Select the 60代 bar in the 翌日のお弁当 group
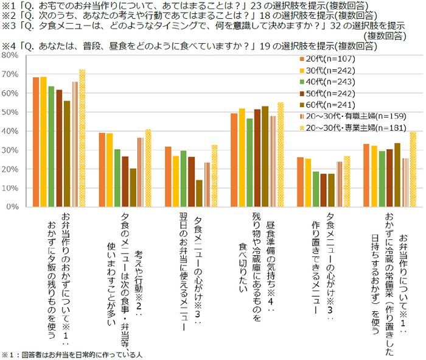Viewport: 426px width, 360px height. tap(198, 193)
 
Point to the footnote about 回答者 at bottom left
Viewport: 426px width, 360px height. tap(74, 354)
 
